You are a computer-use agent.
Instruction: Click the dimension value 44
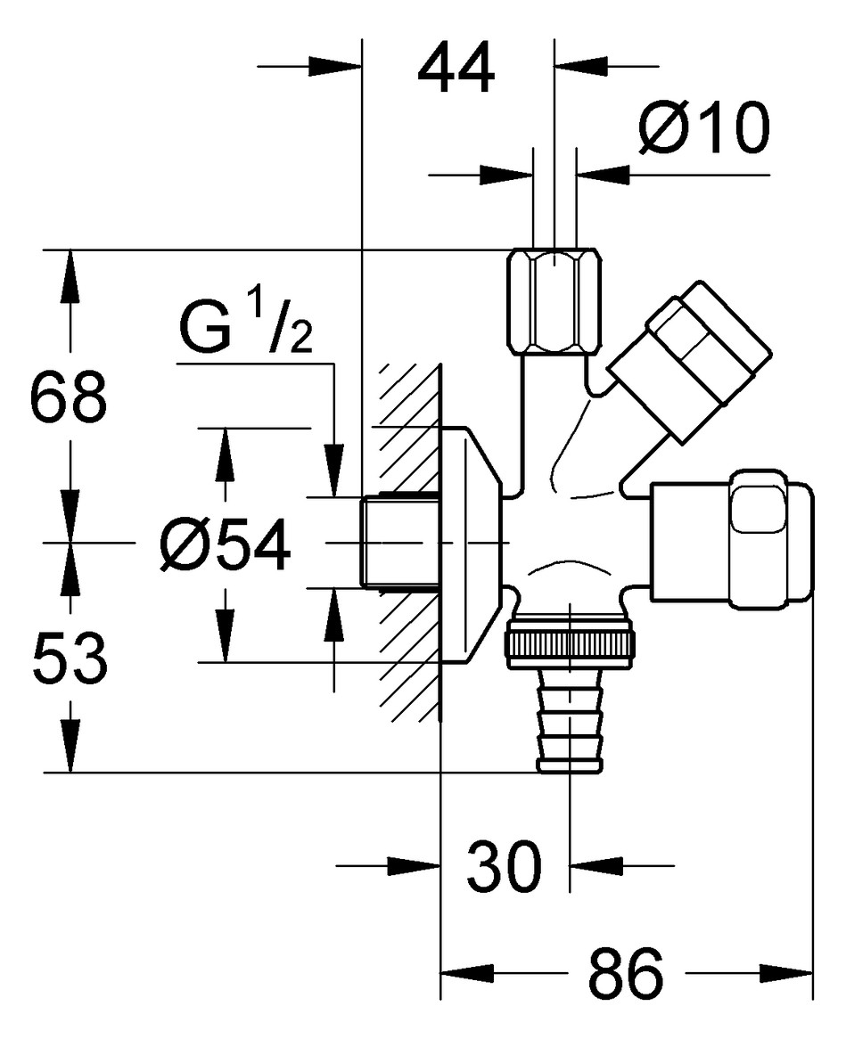(x=456, y=69)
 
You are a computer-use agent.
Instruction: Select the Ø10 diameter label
(x=704, y=127)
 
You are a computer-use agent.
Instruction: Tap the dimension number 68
(x=69, y=397)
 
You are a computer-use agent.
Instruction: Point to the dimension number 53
(x=69, y=658)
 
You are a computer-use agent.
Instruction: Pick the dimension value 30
(x=504, y=866)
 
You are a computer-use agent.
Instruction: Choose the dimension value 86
(x=625, y=973)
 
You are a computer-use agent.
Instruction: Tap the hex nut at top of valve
(x=555, y=302)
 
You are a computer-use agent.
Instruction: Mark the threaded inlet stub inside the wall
(x=399, y=542)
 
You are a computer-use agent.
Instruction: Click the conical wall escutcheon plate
(x=470, y=544)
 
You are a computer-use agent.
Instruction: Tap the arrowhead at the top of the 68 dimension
(x=70, y=271)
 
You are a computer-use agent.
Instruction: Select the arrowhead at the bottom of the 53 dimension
(x=70, y=751)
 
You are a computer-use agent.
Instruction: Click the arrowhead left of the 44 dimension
(x=335, y=66)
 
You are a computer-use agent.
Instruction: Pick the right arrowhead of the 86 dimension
(x=786, y=973)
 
